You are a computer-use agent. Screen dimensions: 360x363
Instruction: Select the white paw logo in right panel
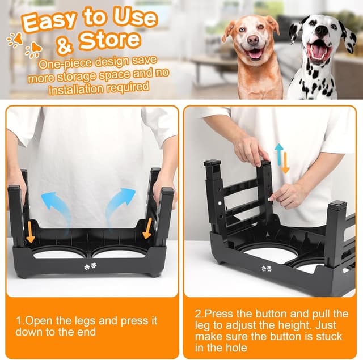(x=266, y=268)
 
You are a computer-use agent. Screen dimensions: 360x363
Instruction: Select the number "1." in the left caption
(x=20, y=320)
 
